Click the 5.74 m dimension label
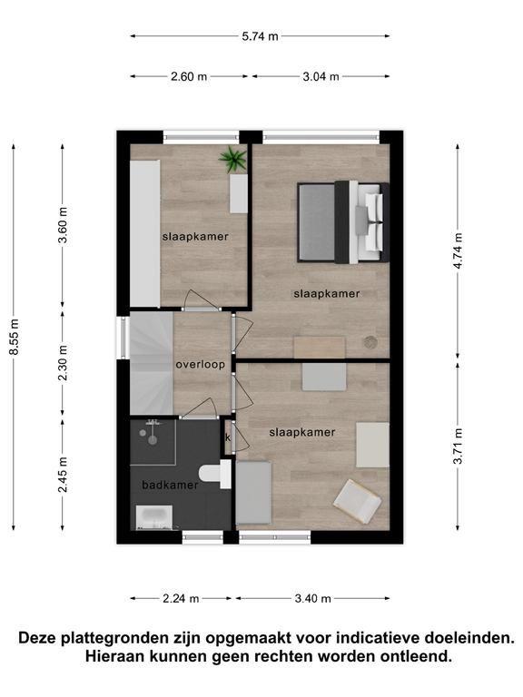tap(261, 36)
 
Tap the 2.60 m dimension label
tap(189, 76)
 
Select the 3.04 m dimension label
tap(321, 76)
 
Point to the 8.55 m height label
tap(15, 337)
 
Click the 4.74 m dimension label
tap(458, 250)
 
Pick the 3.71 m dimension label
tap(458, 446)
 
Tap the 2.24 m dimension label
tap(181, 599)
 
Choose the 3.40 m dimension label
tap(312, 599)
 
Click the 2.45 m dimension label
tap(63, 475)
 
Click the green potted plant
tap(233, 159)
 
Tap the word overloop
tap(200, 365)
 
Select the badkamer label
tap(170, 485)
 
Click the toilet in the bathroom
tap(215, 474)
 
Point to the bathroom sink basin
tap(153, 517)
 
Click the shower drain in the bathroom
tap(153, 440)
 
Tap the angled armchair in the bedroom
tap(358, 501)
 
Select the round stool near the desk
tap(370, 342)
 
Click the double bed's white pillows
tap(373, 221)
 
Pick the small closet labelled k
tap(229, 437)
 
